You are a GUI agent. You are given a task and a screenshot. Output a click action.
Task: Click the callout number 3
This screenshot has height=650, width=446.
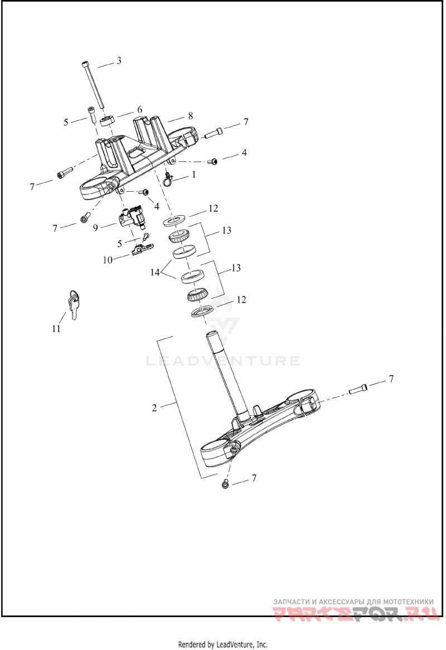tap(119, 61)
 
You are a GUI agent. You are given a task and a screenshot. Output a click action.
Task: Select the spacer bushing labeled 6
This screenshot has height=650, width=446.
tap(108, 121)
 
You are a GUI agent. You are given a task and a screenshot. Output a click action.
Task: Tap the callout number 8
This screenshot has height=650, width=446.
tap(190, 115)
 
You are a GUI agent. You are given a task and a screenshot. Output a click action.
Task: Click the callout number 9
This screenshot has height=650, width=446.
tap(95, 227)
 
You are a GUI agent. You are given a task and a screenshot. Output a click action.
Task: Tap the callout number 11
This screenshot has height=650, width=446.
tap(56, 329)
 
